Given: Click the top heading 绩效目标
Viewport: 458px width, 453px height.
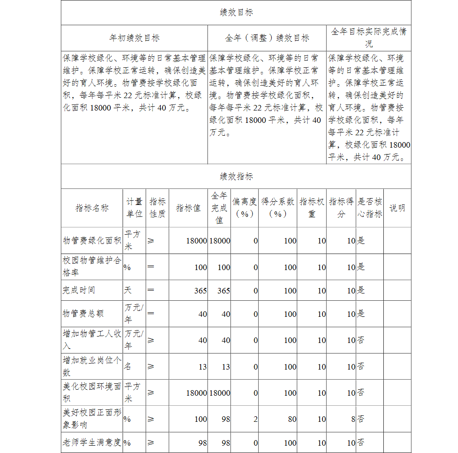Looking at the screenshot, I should (x=236, y=13).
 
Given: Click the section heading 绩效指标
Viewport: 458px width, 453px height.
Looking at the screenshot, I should (x=236, y=177).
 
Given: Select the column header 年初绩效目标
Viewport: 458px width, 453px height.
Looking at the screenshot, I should (x=134, y=38).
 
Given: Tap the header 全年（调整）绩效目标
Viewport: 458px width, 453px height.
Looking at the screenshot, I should (x=267, y=38).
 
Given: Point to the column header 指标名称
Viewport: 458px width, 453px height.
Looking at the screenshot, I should (x=92, y=208).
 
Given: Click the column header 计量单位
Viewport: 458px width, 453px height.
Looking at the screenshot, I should (x=134, y=208).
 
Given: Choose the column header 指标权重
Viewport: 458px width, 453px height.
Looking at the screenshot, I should (x=312, y=208).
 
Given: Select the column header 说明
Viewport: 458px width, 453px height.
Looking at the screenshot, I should (x=397, y=208).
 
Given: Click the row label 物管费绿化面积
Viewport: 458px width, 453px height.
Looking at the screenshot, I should (x=92, y=241).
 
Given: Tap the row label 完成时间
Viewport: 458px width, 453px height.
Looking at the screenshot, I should (x=79, y=290).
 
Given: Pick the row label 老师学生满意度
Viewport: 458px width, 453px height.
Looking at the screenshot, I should (x=92, y=443).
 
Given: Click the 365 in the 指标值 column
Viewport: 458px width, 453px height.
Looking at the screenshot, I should (x=200, y=291).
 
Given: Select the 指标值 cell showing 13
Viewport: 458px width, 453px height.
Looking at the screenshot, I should (x=202, y=367).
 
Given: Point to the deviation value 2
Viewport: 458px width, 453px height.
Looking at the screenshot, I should (x=256, y=419).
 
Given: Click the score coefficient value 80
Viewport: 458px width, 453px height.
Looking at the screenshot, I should (x=292, y=419).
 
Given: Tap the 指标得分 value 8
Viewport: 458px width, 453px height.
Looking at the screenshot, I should (x=353, y=419).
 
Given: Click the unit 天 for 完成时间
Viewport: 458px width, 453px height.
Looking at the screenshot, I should (x=128, y=290).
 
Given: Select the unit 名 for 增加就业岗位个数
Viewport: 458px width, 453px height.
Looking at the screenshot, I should (x=128, y=367).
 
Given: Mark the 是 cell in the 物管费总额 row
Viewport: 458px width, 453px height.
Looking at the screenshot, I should (x=361, y=314).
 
